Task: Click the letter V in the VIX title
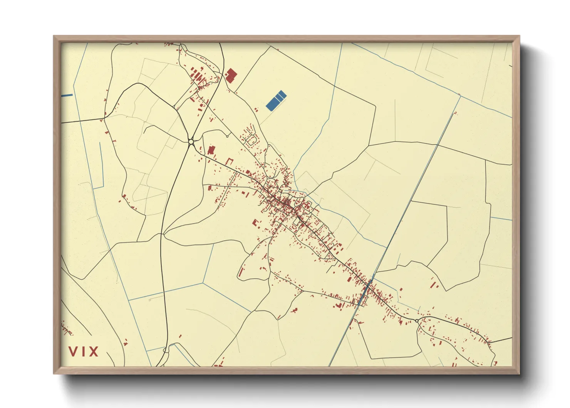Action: [x=73, y=351]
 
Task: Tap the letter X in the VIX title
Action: [x=94, y=351]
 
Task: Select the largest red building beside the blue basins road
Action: [x=231, y=76]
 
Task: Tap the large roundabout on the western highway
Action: [x=191, y=142]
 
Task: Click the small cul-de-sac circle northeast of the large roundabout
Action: [x=227, y=136]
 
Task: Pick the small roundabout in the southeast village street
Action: [x=417, y=320]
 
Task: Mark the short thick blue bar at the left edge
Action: [x=67, y=95]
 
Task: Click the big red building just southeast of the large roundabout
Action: [x=211, y=150]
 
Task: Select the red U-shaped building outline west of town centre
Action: [x=230, y=161]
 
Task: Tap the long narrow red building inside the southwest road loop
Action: [x=241, y=272]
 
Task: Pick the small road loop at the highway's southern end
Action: [x=166, y=350]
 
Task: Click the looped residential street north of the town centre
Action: [x=251, y=140]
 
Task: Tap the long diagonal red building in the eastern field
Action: [x=435, y=285]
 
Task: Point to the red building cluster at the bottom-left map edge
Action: [x=66, y=329]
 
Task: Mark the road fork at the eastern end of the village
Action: [x=488, y=342]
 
